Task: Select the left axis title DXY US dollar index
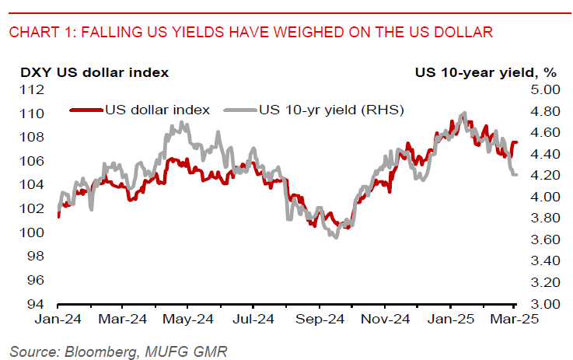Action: [x=94, y=73]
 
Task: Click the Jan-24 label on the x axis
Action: [x=58, y=319]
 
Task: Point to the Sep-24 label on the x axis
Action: [x=322, y=319]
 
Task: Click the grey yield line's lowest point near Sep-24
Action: [x=336, y=237]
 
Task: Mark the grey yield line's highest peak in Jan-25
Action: [x=464, y=114]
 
